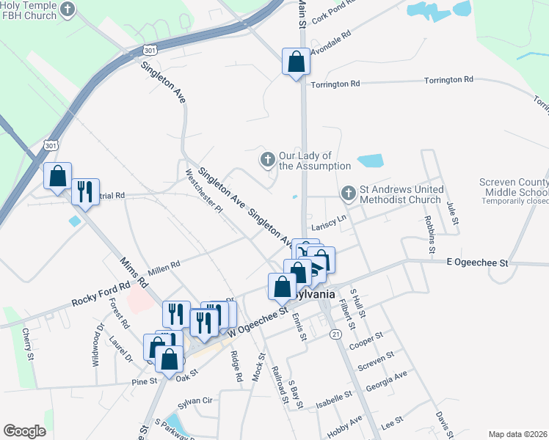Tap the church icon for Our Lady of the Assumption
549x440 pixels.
point(268,158)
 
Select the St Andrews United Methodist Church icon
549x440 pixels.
point(348,194)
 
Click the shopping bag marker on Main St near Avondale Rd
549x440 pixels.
point(296,62)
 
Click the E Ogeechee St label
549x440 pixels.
point(478,262)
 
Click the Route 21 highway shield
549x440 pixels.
point(336,334)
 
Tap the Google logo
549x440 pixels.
point(24,430)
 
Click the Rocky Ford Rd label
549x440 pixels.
point(101,294)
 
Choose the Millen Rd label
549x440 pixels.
point(164,265)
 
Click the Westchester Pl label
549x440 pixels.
point(203,190)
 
